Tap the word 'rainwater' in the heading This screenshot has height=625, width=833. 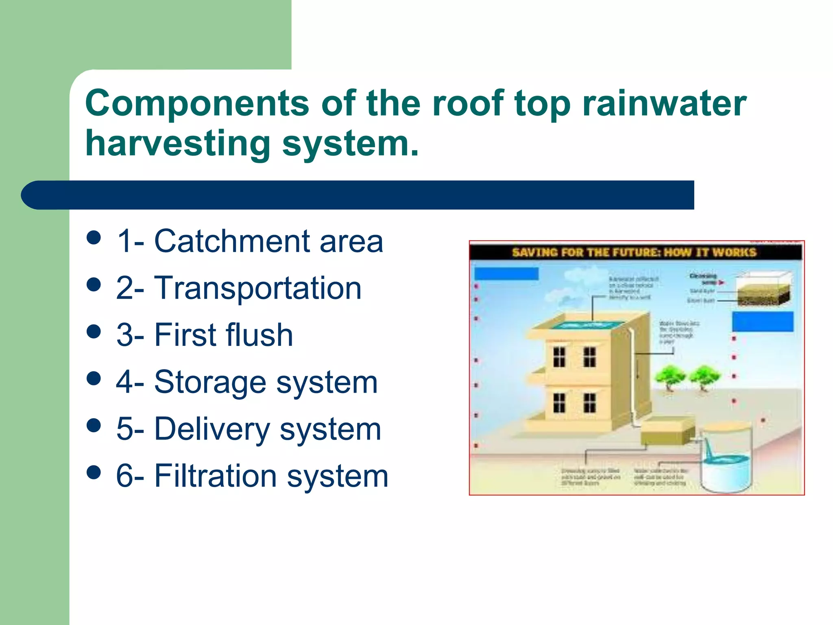(x=664, y=104)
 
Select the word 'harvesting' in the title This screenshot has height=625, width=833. (x=178, y=144)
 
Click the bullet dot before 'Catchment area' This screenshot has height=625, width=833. (x=94, y=238)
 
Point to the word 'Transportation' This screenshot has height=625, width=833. (x=258, y=288)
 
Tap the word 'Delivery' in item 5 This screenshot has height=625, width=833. (x=212, y=429)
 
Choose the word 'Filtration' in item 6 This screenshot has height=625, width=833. (x=215, y=476)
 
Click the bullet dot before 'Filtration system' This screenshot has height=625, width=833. (x=94, y=472)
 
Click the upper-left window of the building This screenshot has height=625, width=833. (x=559, y=357)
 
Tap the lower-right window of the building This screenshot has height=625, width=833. (x=589, y=403)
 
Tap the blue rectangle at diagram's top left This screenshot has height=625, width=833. (x=506, y=273)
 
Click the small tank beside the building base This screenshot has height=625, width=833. (x=667, y=432)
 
